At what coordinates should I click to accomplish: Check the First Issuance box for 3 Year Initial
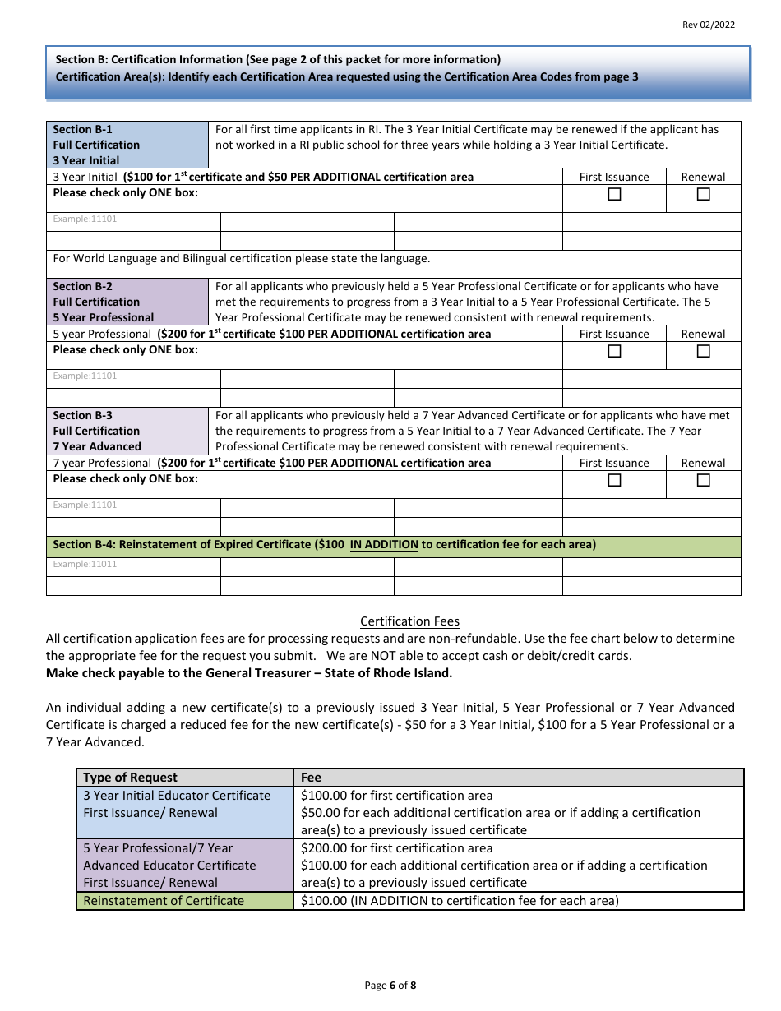pyautogui.click(x=614, y=195)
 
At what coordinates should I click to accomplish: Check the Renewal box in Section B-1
pyautogui.click(x=704, y=195)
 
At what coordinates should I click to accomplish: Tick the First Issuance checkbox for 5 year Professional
pyautogui.click(x=614, y=352)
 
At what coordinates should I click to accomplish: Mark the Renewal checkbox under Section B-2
pyautogui.click(x=704, y=352)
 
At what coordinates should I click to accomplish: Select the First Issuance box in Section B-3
pyautogui.click(x=614, y=481)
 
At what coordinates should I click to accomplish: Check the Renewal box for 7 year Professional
pyautogui.click(x=704, y=481)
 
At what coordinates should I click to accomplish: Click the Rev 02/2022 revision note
pyautogui.click(x=709, y=25)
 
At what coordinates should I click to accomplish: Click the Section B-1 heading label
pyautogui.click(x=83, y=130)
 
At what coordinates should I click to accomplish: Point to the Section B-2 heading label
pyautogui.click(x=83, y=287)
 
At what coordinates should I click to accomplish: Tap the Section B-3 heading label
pyautogui.click(x=83, y=416)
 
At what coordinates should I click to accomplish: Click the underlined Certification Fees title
pyautogui.click(x=410, y=621)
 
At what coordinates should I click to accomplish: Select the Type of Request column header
pyautogui.click(x=131, y=778)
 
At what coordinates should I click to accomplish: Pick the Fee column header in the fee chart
pyautogui.click(x=312, y=778)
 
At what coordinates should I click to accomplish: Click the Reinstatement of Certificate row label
pyautogui.click(x=164, y=901)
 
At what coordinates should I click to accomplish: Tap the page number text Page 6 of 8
pyautogui.click(x=390, y=986)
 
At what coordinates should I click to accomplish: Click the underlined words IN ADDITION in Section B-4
pyautogui.click(x=384, y=545)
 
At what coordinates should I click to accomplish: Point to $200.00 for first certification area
pyautogui.click(x=397, y=848)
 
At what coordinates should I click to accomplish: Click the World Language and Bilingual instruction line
pyautogui.click(x=242, y=259)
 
